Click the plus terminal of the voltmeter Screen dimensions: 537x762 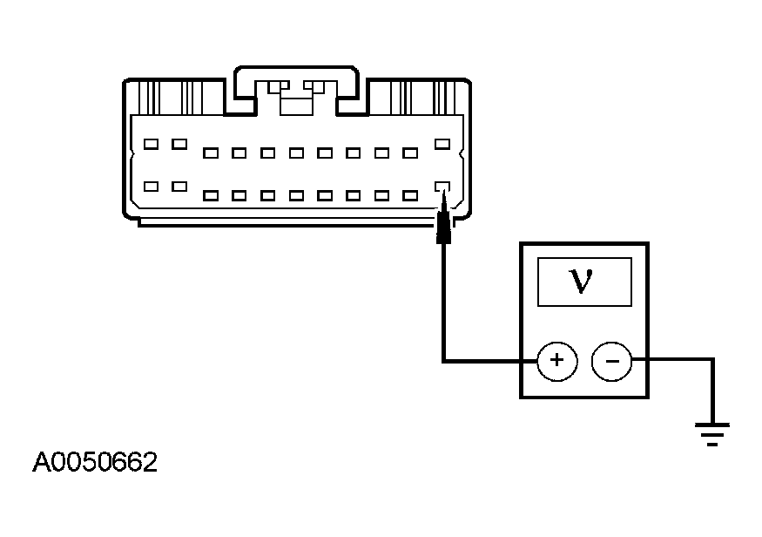[x=557, y=360]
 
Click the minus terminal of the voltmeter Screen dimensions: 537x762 [x=610, y=360]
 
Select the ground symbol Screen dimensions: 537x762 [x=712, y=432]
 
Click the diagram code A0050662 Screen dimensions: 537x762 [x=95, y=462]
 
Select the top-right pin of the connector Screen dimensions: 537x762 [x=442, y=144]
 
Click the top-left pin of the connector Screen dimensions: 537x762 [x=152, y=144]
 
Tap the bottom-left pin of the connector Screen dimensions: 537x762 [x=152, y=186]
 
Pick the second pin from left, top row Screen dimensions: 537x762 [x=179, y=144]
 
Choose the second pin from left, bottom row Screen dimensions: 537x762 [x=179, y=186]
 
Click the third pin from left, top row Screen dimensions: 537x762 [x=210, y=153]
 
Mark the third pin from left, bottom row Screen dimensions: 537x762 [x=210, y=195]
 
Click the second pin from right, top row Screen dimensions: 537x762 [x=410, y=153]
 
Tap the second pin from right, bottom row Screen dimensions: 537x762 [x=410, y=195]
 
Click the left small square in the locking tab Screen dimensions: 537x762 [x=278, y=87]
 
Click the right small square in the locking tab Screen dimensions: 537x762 [x=314, y=87]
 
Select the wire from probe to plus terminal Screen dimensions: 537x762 [x=444, y=305]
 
